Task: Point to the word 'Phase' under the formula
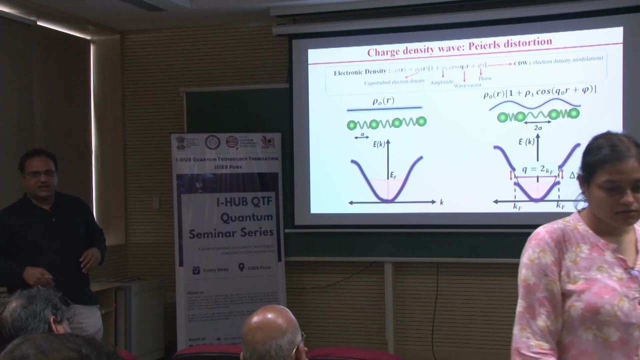484,78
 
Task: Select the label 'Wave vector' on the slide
467,85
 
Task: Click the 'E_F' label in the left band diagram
393,175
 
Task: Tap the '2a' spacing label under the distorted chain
538,127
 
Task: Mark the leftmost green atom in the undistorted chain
352,125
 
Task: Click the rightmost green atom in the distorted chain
574,113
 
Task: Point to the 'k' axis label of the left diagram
442,202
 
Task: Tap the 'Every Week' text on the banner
216,269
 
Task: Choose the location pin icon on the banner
241,267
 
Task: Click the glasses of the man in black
40,174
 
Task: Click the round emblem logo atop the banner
212,142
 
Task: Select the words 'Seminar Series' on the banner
231,232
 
